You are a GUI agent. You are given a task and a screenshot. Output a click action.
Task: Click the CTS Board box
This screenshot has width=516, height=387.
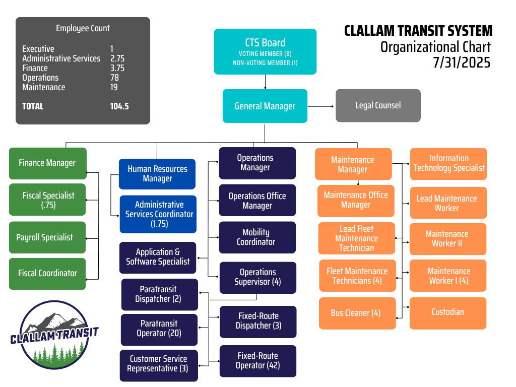(265, 52)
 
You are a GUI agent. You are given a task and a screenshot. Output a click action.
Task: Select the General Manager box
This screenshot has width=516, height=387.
(265, 106)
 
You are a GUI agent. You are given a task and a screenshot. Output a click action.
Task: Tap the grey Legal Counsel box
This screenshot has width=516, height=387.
(378, 106)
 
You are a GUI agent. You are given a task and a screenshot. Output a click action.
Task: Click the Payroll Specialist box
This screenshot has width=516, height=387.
(47, 237)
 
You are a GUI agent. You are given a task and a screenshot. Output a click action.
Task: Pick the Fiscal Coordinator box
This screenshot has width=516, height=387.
(47, 274)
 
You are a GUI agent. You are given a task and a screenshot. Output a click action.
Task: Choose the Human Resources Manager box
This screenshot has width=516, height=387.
(157, 174)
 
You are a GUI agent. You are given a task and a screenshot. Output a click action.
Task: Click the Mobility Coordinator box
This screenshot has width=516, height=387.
(257, 237)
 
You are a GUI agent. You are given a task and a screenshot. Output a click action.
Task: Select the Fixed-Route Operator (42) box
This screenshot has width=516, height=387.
(258, 361)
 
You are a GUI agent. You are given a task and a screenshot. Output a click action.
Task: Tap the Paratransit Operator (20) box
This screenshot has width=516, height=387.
(159, 330)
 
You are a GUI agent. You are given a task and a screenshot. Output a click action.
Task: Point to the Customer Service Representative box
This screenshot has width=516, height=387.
(159, 366)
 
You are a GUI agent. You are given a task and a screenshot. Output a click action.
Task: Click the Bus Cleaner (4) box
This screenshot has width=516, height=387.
(357, 313)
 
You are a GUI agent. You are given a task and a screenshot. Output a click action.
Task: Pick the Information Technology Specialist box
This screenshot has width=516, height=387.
(448, 164)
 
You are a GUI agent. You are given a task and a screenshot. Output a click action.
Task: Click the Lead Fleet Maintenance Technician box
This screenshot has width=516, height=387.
(357, 238)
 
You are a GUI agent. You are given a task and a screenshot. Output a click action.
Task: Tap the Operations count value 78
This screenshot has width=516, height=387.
(114, 78)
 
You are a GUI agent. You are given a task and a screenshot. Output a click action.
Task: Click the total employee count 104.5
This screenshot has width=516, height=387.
(119, 106)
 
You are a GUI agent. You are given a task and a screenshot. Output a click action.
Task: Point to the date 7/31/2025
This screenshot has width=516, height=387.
(462, 62)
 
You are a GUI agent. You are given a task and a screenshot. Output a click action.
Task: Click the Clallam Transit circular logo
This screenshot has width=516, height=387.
(54, 335)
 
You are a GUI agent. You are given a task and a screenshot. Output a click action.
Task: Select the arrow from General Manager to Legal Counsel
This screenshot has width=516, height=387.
(321, 106)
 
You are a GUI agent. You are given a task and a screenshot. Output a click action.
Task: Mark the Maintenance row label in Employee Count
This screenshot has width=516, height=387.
(44, 87)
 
